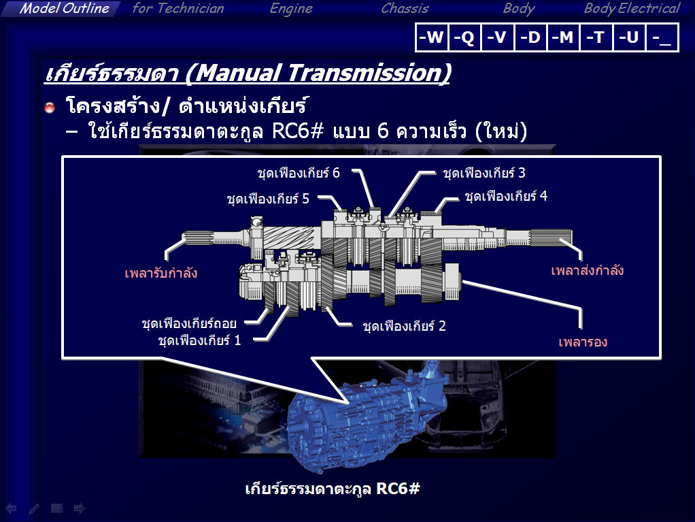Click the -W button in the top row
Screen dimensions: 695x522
(432, 37)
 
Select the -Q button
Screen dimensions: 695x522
(464, 37)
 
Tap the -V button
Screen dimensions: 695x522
(497, 37)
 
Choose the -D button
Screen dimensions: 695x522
(530, 37)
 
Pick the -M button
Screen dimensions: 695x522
(563, 37)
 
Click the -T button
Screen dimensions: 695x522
(596, 37)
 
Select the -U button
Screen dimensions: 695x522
(630, 37)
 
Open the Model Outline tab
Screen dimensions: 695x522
(65, 8)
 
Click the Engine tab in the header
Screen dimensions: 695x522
(291, 9)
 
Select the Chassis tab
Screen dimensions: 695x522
(405, 8)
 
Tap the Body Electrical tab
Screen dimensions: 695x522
(632, 8)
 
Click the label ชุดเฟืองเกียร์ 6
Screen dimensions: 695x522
(299, 172)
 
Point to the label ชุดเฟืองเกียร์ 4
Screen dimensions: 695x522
(506, 196)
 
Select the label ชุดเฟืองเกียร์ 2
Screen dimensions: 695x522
(404, 326)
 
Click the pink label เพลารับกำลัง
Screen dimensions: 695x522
(161, 273)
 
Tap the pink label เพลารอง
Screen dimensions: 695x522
(583, 342)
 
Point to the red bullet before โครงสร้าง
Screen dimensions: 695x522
(50, 107)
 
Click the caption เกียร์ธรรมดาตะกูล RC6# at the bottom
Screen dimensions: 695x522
(333, 489)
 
